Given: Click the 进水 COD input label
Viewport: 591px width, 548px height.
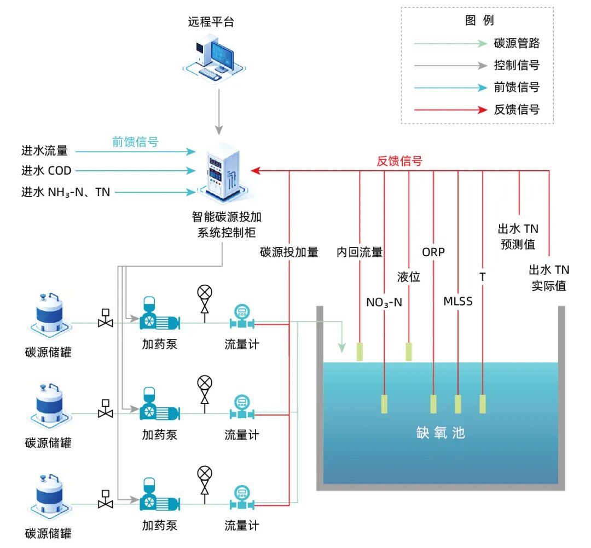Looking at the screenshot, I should (47, 171).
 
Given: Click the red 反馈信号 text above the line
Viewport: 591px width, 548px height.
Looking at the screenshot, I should (399, 161).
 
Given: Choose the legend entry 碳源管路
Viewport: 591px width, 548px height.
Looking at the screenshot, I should (517, 43).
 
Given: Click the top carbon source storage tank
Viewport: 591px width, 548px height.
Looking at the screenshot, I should (49, 315).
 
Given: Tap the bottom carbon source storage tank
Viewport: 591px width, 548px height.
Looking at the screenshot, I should (49, 495).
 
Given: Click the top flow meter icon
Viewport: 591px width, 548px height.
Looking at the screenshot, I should (241, 317).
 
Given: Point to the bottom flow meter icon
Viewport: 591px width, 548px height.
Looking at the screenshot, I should (241, 498).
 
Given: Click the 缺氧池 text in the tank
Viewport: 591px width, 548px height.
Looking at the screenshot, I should (440, 432).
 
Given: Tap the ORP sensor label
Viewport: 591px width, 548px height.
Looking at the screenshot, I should (433, 252).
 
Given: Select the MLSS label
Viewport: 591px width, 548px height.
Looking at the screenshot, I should (458, 301).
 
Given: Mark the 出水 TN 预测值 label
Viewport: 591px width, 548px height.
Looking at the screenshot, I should (518, 236).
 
